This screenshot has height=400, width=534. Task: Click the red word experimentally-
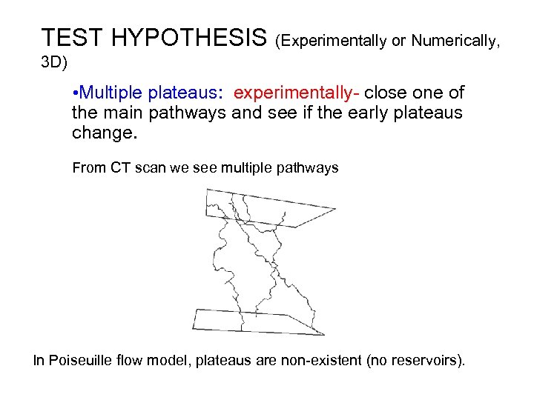[297, 93]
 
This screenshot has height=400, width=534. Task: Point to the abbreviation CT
[121, 168]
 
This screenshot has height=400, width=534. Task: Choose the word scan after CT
[151, 168]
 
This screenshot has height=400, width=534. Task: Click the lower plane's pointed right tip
[324, 334]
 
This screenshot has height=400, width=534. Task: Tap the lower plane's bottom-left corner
[193, 328]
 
